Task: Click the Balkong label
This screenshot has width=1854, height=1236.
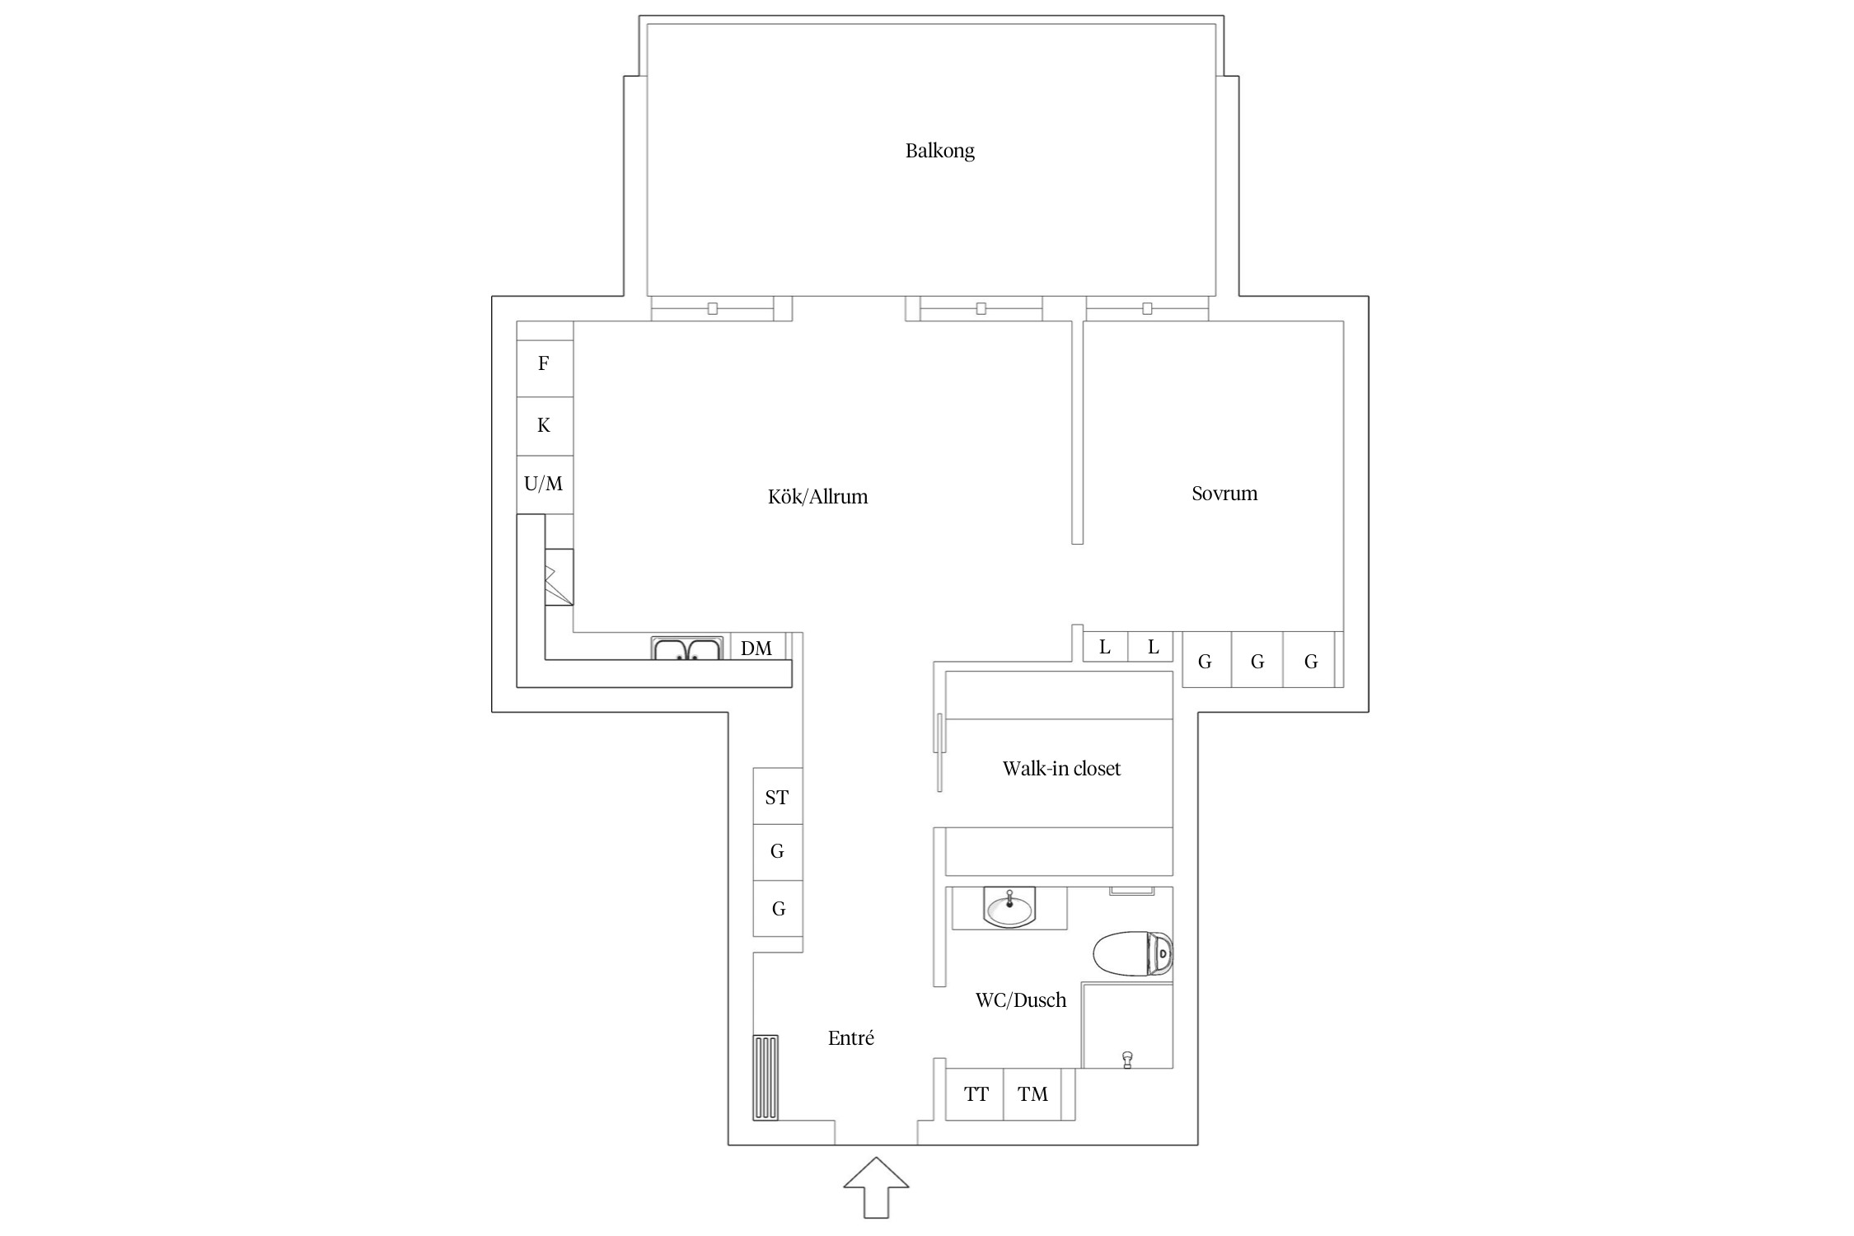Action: [x=939, y=151]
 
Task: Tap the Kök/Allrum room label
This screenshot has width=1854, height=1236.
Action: [x=817, y=497]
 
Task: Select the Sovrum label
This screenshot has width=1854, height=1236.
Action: [x=1224, y=494]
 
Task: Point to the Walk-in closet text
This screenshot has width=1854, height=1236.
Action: [x=1061, y=769]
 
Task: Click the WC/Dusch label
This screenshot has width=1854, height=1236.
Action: [x=1021, y=1000]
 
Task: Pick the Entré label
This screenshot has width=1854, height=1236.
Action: [x=850, y=1038]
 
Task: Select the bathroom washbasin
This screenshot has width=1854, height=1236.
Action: [x=1009, y=909]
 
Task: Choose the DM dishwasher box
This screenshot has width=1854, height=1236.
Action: [x=756, y=648]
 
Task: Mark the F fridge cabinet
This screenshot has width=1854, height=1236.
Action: [x=544, y=363]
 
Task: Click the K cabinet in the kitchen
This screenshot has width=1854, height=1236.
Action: [x=544, y=425]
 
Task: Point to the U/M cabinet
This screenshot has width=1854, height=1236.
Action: [x=544, y=484]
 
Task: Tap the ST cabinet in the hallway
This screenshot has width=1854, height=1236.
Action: [x=777, y=797]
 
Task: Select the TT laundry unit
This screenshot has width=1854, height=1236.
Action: [x=976, y=1094]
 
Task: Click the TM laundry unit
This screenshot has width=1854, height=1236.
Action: [x=1033, y=1094]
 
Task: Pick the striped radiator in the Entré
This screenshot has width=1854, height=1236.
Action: [x=765, y=1077]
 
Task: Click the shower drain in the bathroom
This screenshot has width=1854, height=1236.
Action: [x=1127, y=1059]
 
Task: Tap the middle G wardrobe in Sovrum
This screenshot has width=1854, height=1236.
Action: [x=1257, y=661]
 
